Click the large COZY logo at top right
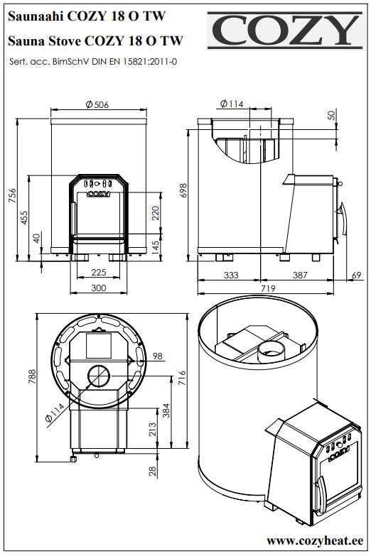285,31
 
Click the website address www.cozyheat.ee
315,540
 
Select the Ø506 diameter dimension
97,104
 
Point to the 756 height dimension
12,195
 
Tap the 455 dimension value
23,218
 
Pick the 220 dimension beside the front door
156,213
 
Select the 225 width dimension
98,273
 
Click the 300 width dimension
98,288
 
